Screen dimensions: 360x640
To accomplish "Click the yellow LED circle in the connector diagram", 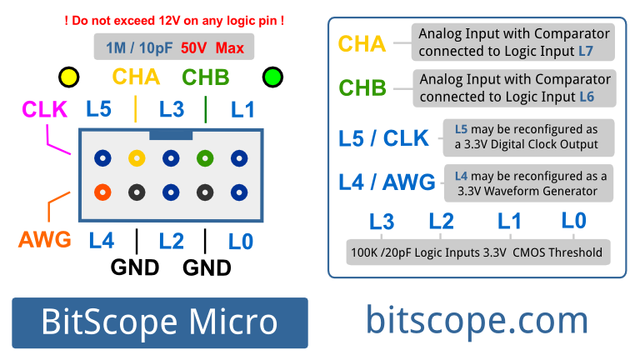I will pos(69,78).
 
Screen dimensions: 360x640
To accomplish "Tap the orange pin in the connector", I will pos(102,192).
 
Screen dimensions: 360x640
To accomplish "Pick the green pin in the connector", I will pos(204,157).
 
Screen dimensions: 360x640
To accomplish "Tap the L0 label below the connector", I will pos(241,242).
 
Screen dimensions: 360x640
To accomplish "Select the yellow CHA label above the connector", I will pos(136,77).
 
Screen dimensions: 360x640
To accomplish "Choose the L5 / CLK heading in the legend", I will pos(383,137).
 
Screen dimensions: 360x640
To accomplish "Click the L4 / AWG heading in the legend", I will pos(387,182).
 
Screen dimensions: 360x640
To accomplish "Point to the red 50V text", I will pos(194,48).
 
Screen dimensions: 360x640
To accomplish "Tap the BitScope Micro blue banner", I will pos(159,322).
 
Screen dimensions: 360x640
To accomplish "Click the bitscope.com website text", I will pos(477,321).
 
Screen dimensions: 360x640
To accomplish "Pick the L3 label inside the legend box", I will pos(382,222).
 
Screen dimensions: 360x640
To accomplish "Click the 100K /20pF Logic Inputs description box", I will pos(476,252).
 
